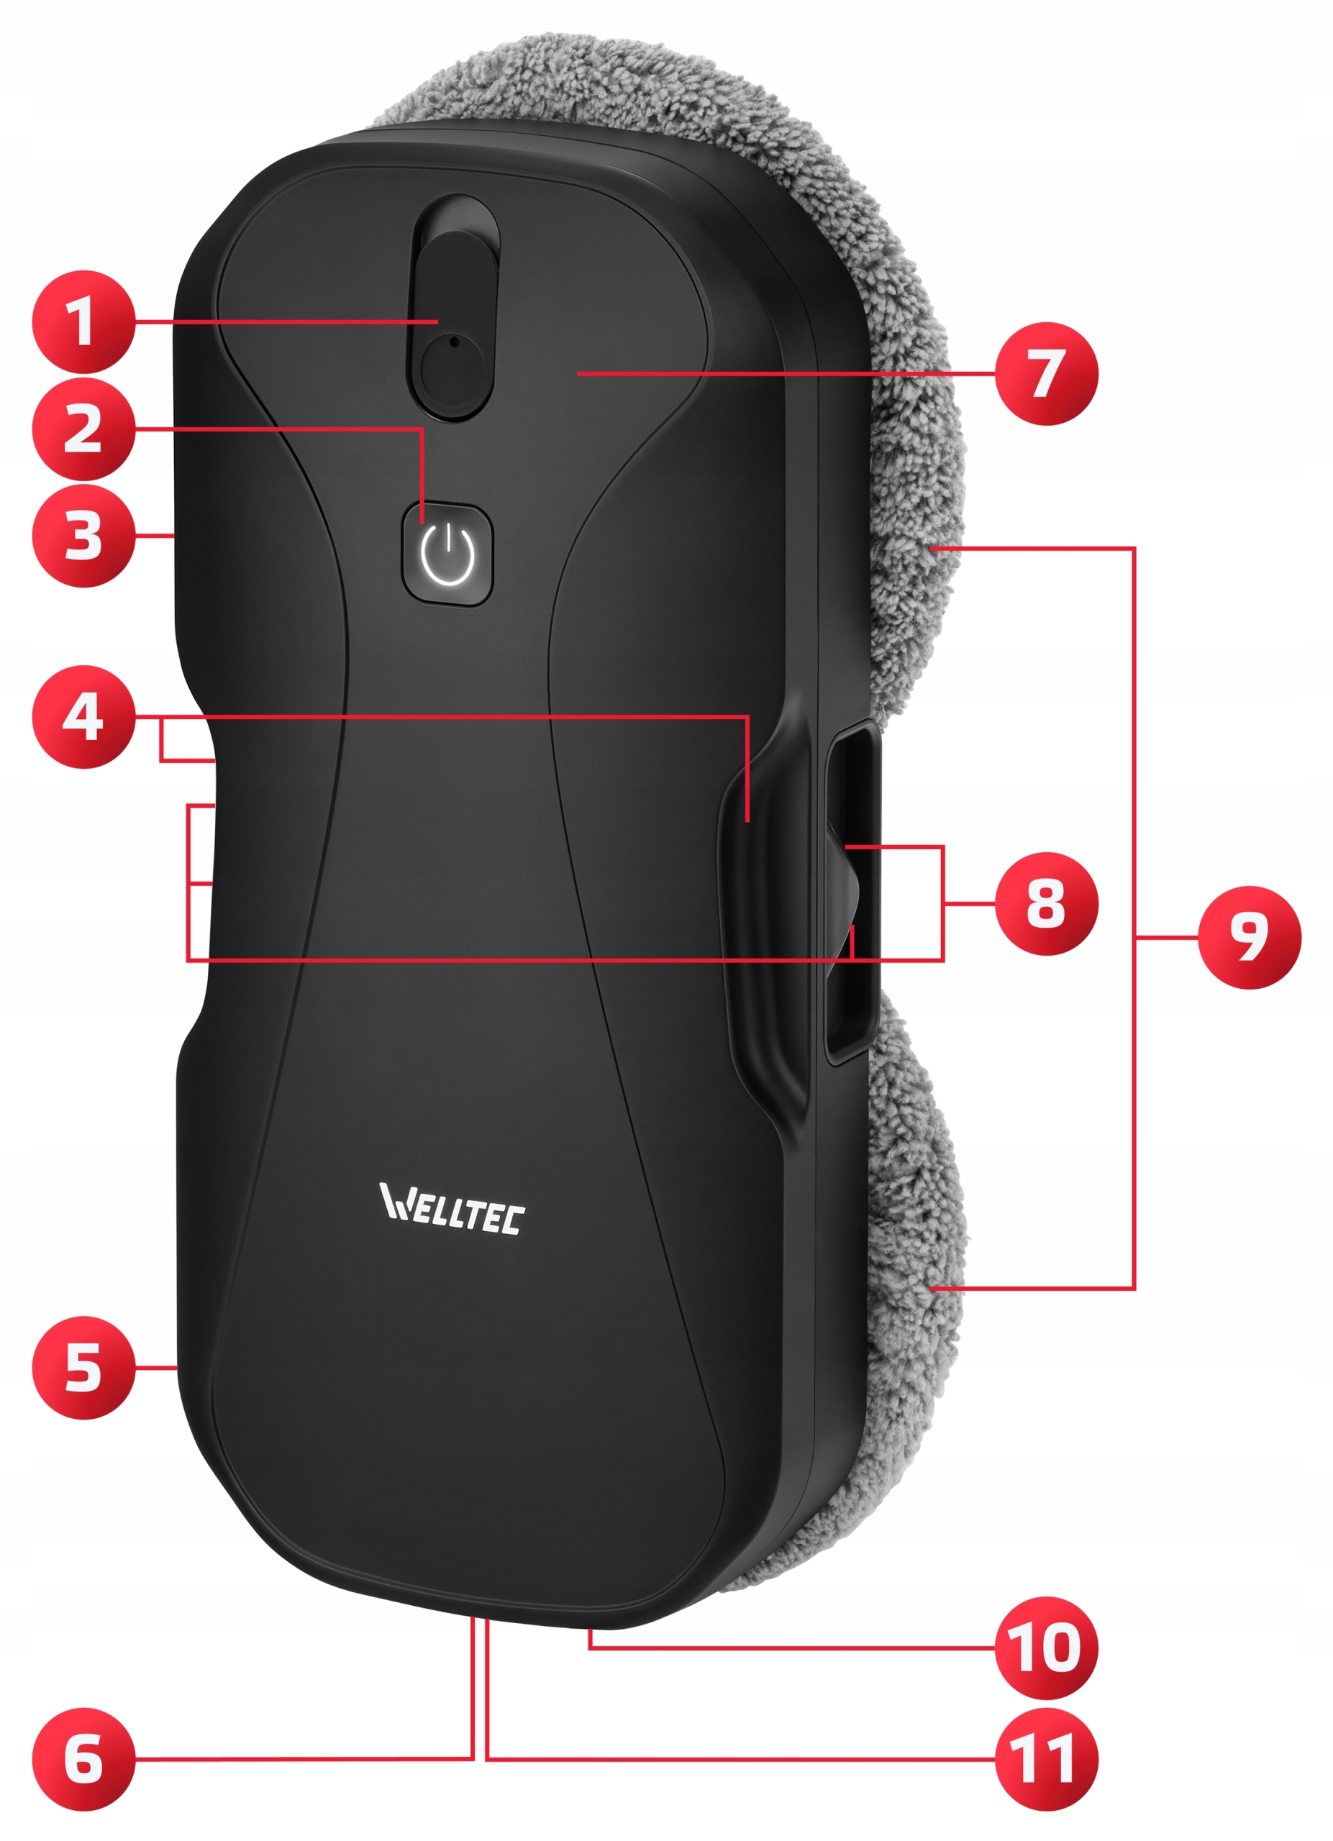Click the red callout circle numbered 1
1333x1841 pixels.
[83, 322]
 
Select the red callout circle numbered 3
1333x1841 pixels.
[83, 535]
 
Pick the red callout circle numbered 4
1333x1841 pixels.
[83, 717]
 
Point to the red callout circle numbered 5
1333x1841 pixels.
[83, 1368]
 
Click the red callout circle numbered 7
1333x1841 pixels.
[1046, 373]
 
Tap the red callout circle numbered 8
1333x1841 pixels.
[1046, 903]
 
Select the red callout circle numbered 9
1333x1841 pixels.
[1249, 938]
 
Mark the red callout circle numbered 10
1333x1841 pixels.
[1046, 1648]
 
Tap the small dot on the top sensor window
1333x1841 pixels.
[454, 342]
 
